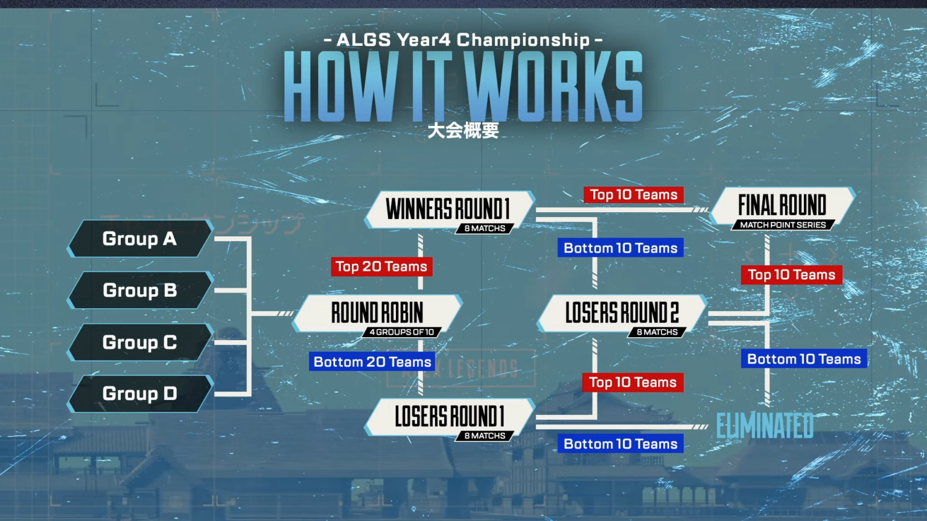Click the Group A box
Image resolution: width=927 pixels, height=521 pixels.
140,239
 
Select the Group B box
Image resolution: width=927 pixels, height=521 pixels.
140,290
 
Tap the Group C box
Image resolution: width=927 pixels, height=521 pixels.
140,343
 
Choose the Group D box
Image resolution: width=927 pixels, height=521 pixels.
140,394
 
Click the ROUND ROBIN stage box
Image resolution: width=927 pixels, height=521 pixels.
377,314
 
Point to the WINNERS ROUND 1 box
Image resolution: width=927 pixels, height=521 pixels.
450,210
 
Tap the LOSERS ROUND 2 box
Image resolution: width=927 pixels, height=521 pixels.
622,314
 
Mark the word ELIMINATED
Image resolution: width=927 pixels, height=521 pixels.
765,426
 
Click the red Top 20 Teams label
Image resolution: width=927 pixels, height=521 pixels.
381,267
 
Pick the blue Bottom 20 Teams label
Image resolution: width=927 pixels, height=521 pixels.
372,362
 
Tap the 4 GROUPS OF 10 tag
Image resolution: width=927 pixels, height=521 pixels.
402,332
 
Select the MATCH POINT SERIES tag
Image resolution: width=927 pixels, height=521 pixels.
783,225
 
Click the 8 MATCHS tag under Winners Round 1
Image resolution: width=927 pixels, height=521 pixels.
485,229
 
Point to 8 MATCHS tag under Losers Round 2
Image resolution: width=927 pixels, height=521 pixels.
657,332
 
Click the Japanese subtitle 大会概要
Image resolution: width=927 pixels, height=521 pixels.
463,131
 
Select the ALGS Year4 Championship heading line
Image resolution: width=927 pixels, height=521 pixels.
463,40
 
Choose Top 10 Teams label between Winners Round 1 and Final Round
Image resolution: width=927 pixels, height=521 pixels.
634,195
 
